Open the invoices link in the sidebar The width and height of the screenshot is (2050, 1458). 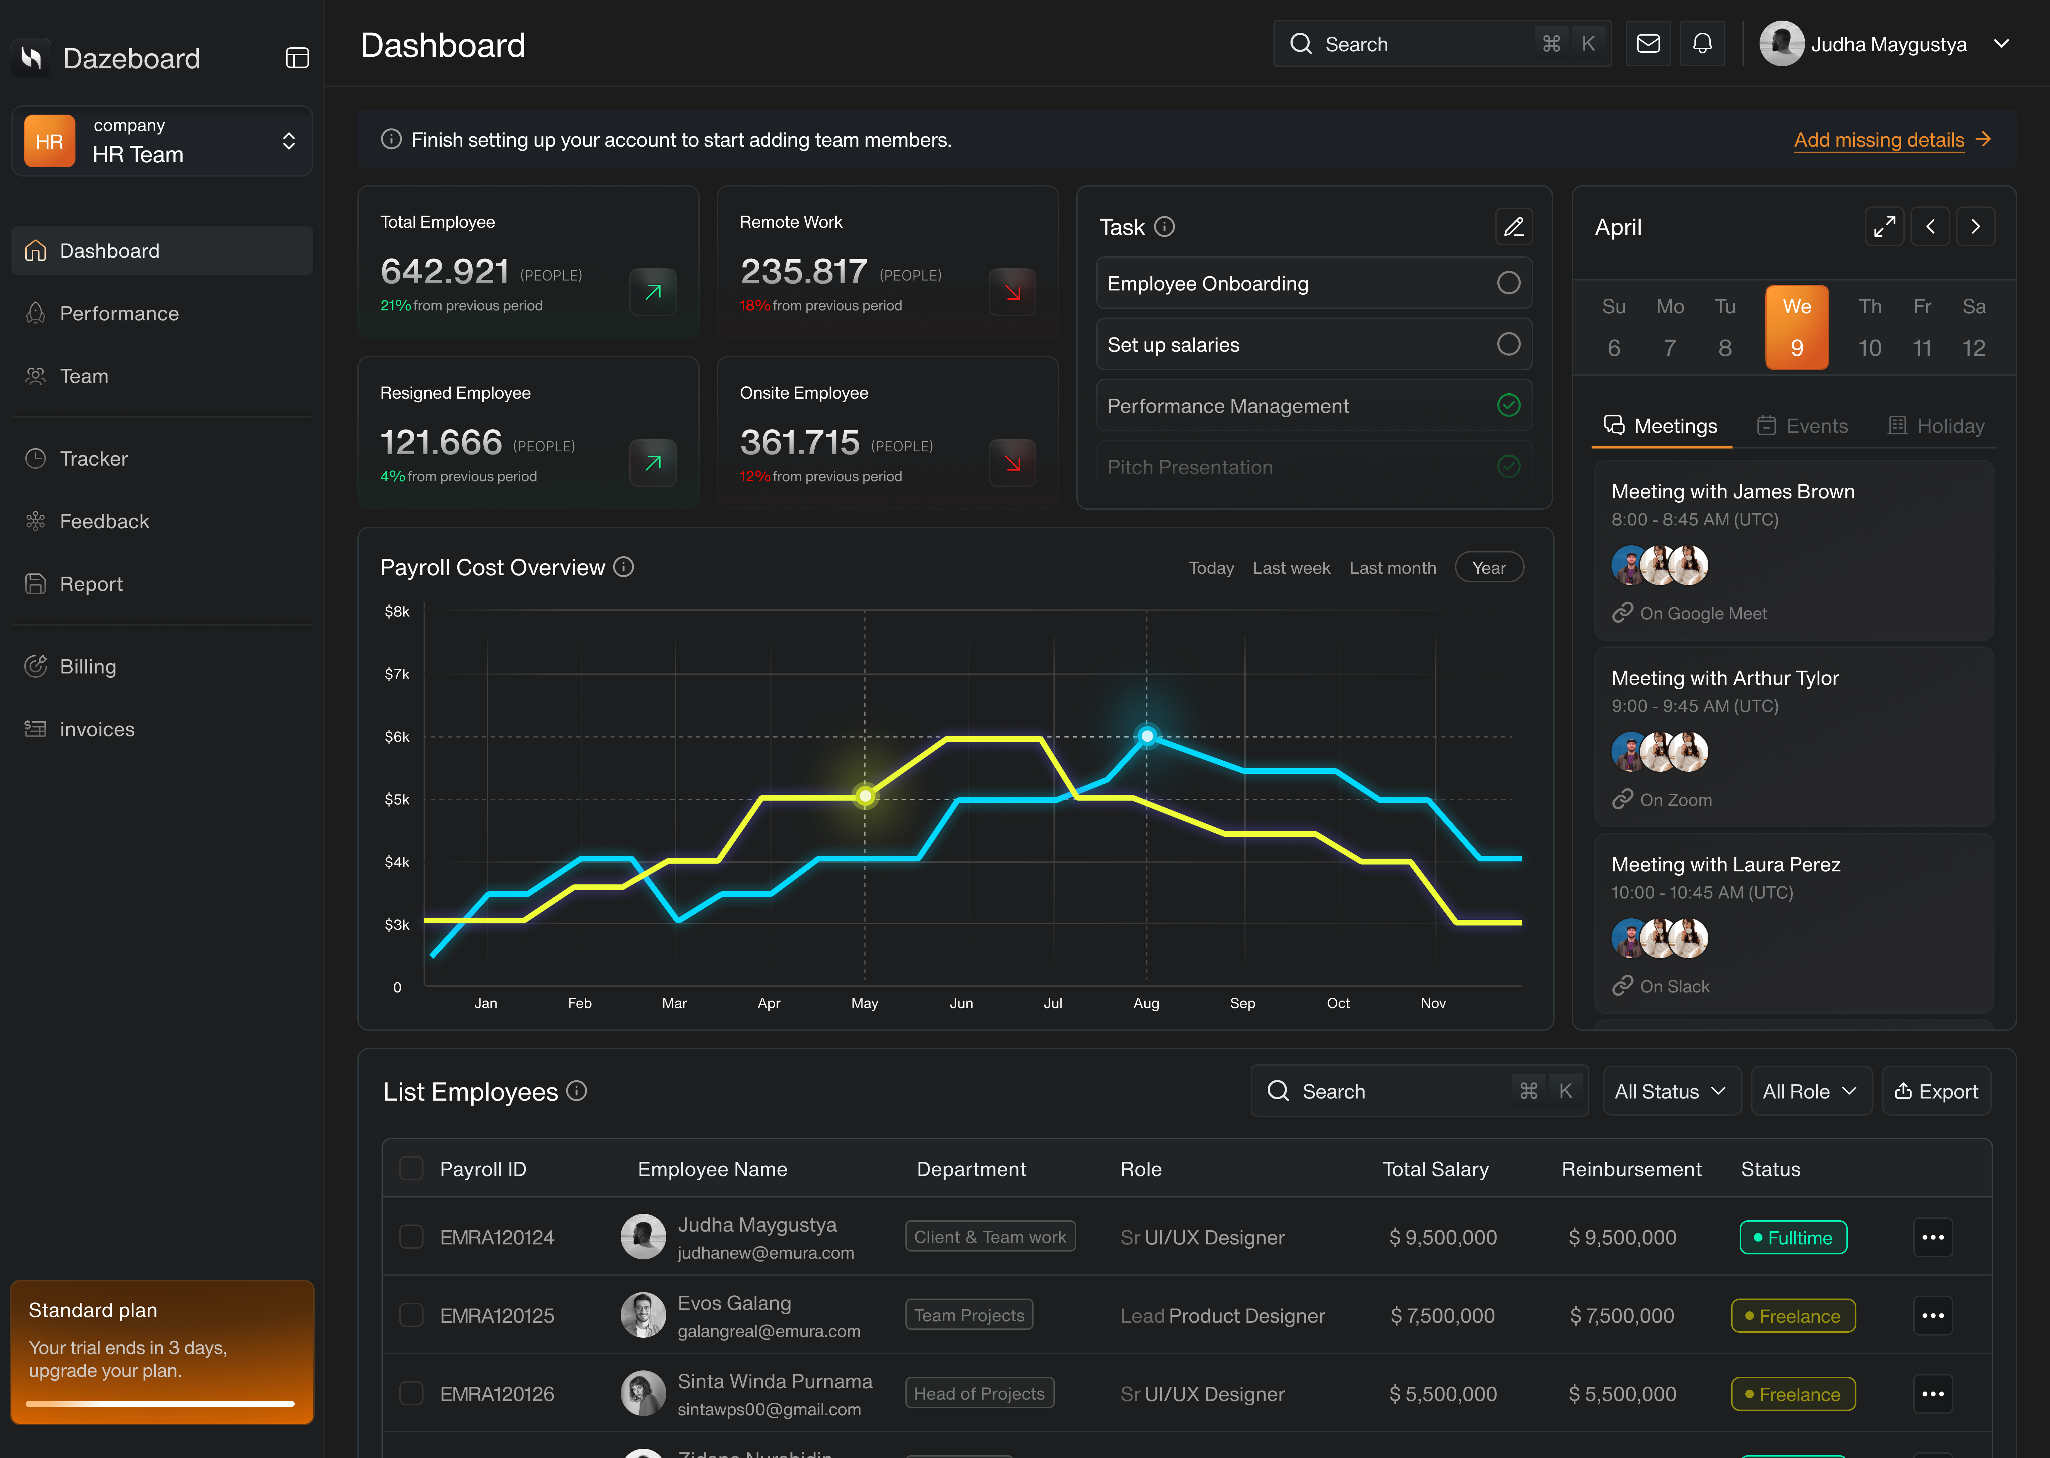point(97,729)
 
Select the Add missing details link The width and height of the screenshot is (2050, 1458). point(1878,140)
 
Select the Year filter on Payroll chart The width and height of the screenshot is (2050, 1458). point(1488,567)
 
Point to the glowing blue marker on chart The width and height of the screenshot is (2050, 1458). point(1147,736)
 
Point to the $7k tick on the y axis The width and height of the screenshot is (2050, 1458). point(397,674)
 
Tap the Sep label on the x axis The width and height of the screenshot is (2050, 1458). point(1242,1003)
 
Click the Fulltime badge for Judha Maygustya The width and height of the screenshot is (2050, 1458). point(1792,1237)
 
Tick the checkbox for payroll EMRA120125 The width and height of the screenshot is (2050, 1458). point(411,1315)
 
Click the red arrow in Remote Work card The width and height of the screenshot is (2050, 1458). point(1013,292)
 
